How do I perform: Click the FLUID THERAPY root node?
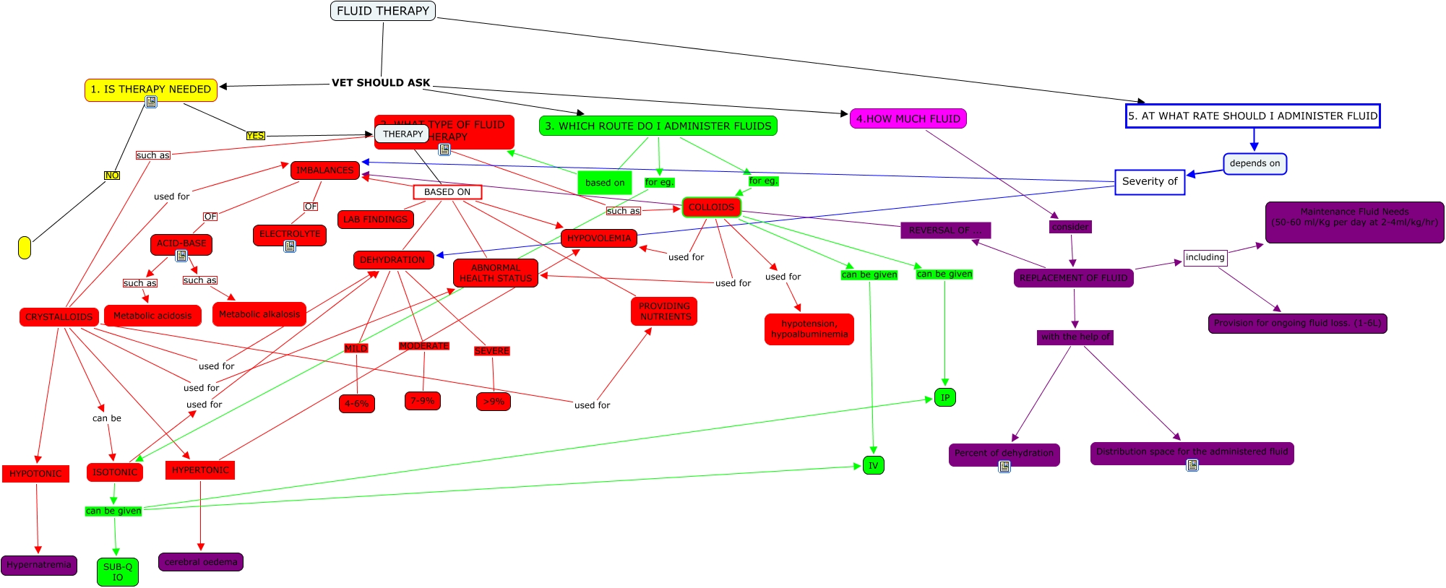pyautogui.click(x=382, y=11)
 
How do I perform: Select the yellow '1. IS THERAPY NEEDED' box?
pyautogui.click(x=150, y=89)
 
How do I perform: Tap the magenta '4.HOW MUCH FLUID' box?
pyautogui.click(x=908, y=118)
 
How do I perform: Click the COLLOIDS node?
pyautogui.click(x=711, y=207)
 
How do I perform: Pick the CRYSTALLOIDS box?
pyautogui.click(x=59, y=316)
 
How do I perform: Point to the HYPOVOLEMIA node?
pyautogui.click(x=598, y=238)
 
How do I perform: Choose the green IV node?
pyautogui.click(x=873, y=465)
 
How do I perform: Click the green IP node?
pyautogui.click(x=944, y=397)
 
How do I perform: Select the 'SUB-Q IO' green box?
pyautogui.click(x=118, y=571)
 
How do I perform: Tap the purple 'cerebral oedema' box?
pyautogui.click(x=201, y=562)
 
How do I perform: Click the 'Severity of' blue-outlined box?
pyautogui.click(x=1149, y=181)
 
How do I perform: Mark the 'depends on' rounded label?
pyautogui.click(x=1255, y=163)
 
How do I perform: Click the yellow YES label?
pyautogui.click(x=255, y=135)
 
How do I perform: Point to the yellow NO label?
pyautogui.click(x=112, y=176)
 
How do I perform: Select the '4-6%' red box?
pyautogui.click(x=356, y=403)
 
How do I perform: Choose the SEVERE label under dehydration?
pyautogui.click(x=491, y=351)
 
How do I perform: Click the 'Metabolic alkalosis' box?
pyautogui.click(x=259, y=314)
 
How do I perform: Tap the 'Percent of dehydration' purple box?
pyautogui.click(x=1004, y=453)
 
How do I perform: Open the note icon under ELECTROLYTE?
pyautogui.click(x=290, y=246)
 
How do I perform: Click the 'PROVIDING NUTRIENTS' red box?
pyautogui.click(x=664, y=311)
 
